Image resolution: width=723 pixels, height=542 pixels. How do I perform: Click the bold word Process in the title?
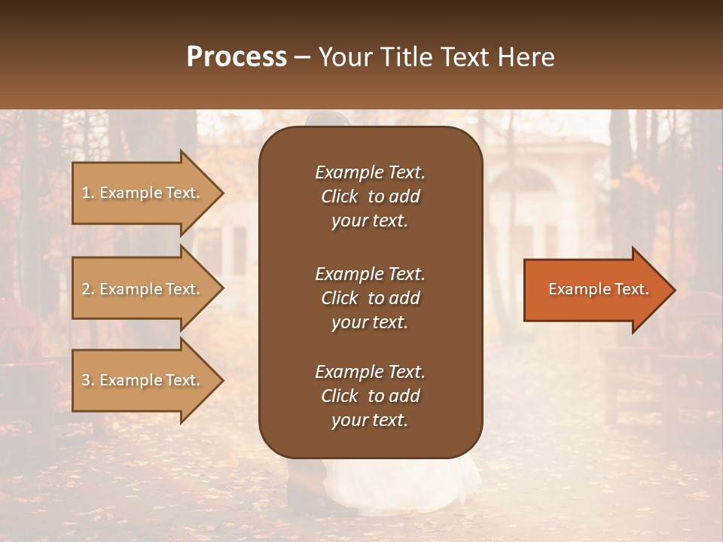click(x=236, y=57)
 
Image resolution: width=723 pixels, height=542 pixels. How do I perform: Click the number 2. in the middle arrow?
click(x=88, y=289)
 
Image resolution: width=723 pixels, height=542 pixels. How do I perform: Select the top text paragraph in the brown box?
click(x=370, y=196)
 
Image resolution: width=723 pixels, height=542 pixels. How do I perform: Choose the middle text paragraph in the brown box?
click(x=370, y=298)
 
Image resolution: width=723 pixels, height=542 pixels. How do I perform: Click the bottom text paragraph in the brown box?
click(x=370, y=396)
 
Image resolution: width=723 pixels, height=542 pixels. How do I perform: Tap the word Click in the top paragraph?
click(x=339, y=196)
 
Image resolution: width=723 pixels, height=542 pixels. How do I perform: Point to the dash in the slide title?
click(x=302, y=58)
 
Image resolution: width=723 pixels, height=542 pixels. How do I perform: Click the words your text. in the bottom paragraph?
click(x=370, y=421)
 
